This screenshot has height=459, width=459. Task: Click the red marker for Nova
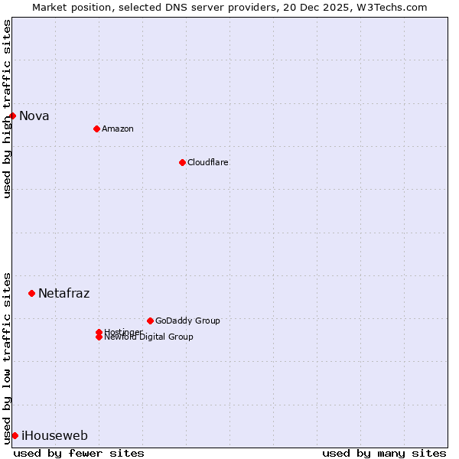click(x=13, y=116)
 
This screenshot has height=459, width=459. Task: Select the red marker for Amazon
click(x=96, y=129)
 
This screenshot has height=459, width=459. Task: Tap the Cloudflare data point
click(x=182, y=162)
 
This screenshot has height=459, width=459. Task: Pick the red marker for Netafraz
click(x=31, y=293)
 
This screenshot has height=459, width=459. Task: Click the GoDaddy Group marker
click(x=150, y=321)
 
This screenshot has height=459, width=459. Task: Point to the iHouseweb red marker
click(x=15, y=435)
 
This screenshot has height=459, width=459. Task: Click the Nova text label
click(x=34, y=116)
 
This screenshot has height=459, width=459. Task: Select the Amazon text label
click(x=118, y=129)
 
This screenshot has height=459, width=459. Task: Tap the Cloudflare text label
click(x=208, y=162)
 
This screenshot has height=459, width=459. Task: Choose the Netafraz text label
click(x=64, y=293)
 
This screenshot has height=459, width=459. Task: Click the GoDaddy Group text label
click(x=187, y=321)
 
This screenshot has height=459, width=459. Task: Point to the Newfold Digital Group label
click(x=149, y=337)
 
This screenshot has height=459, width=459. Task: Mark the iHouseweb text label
click(x=55, y=436)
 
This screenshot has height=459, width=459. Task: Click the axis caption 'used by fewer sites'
click(x=79, y=453)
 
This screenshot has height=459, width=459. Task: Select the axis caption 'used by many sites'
click(x=384, y=453)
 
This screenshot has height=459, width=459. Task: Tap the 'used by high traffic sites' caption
click(x=8, y=109)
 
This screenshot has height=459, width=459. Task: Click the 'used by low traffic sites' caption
click(x=8, y=357)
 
